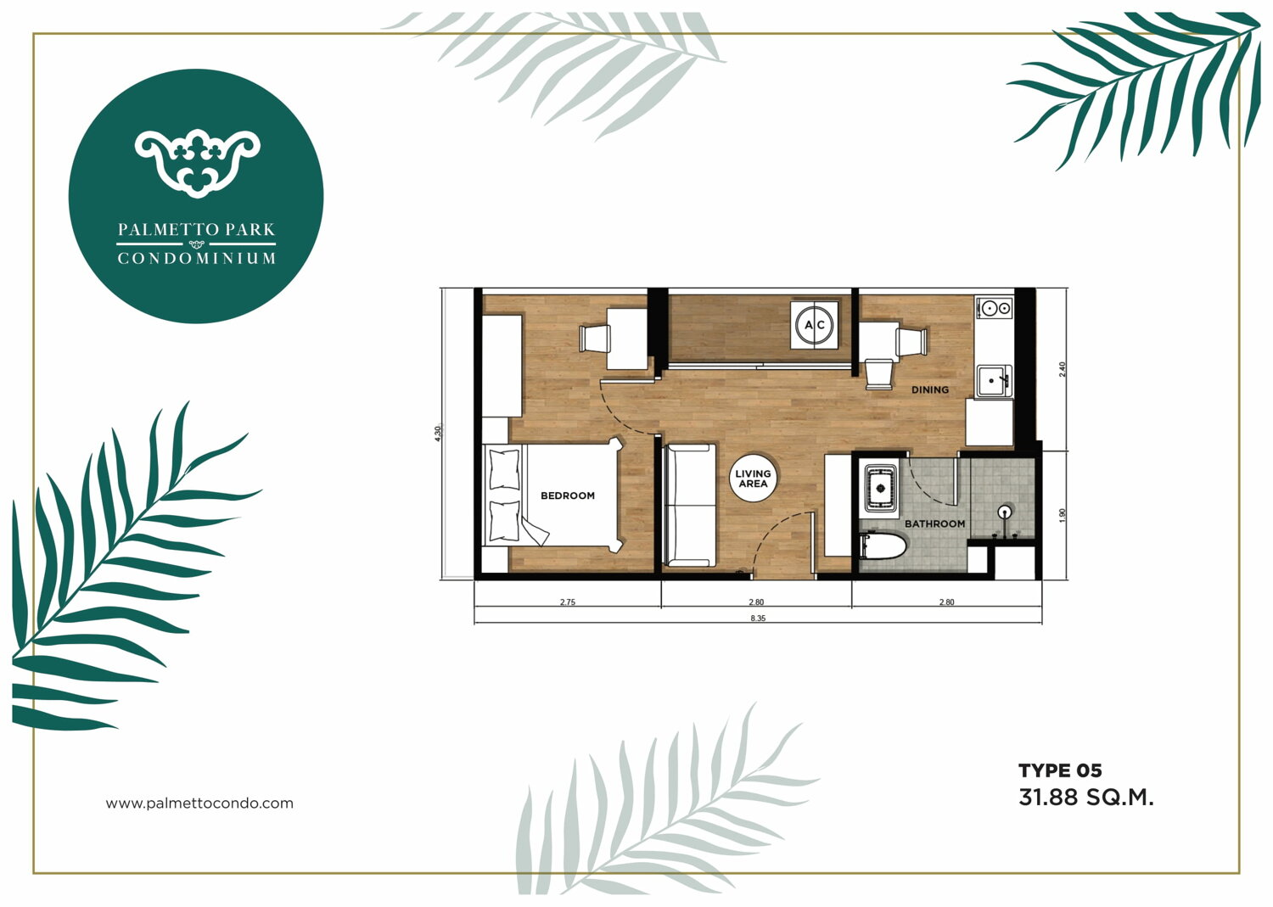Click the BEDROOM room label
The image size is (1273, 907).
pyautogui.click(x=567, y=495)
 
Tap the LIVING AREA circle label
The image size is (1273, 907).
pyautogui.click(x=753, y=479)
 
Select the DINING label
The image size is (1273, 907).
pyautogui.click(x=930, y=389)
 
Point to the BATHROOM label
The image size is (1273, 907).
pyautogui.click(x=934, y=523)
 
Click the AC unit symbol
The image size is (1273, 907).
pyautogui.click(x=815, y=325)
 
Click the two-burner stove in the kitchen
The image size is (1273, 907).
pyautogui.click(x=995, y=307)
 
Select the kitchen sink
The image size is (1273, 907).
pyautogui.click(x=994, y=381)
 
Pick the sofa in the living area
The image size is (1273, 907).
pyautogui.click(x=689, y=505)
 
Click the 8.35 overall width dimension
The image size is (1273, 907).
pyautogui.click(x=758, y=619)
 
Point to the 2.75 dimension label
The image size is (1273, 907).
pyautogui.click(x=567, y=602)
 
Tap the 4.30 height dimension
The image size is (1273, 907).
pyautogui.click(x=437, y=434)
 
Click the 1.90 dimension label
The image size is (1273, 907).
pyautogui.click(x=1063, y=516)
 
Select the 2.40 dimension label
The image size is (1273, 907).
pyautogui.click(x=1063, y=369)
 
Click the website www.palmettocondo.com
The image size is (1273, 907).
pyautogui.click(x=199, y=803)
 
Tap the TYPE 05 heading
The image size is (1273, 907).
pyautogui.click(x=1060, y=771)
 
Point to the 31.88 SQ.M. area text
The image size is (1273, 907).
pyautogui.click(x=1086, y=798)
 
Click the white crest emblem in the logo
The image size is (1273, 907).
pyautogui.click(x=197, y=164)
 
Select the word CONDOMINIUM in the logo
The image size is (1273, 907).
pyautogui.click(x=197, y=259)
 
